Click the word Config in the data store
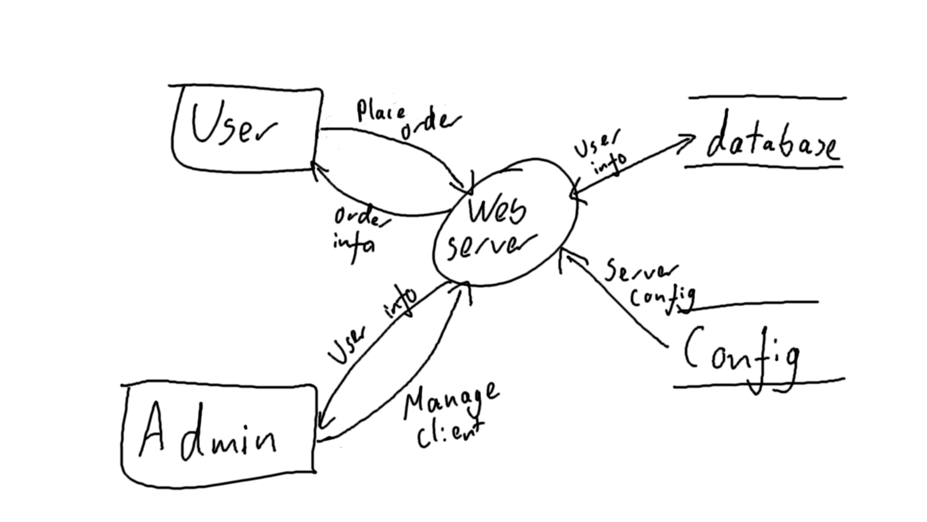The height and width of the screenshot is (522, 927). coord(741,355)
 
